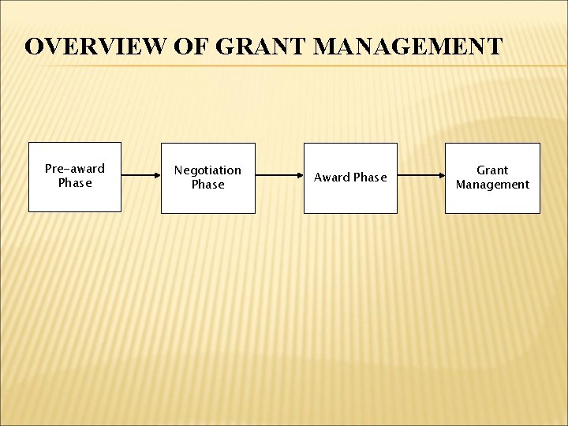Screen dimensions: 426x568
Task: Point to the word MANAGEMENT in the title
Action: [407, 46]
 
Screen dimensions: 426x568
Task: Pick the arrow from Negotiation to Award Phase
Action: [279, 177]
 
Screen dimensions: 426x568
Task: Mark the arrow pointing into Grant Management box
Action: [420, 177]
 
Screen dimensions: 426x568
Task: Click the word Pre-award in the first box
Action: [75, 169]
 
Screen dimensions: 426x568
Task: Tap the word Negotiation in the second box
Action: [208, 170]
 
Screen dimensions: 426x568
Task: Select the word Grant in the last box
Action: [492, 170]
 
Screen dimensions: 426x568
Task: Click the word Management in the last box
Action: [492, 185]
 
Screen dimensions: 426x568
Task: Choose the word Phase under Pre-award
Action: [75, 183]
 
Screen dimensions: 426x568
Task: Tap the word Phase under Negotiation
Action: [208, 185]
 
